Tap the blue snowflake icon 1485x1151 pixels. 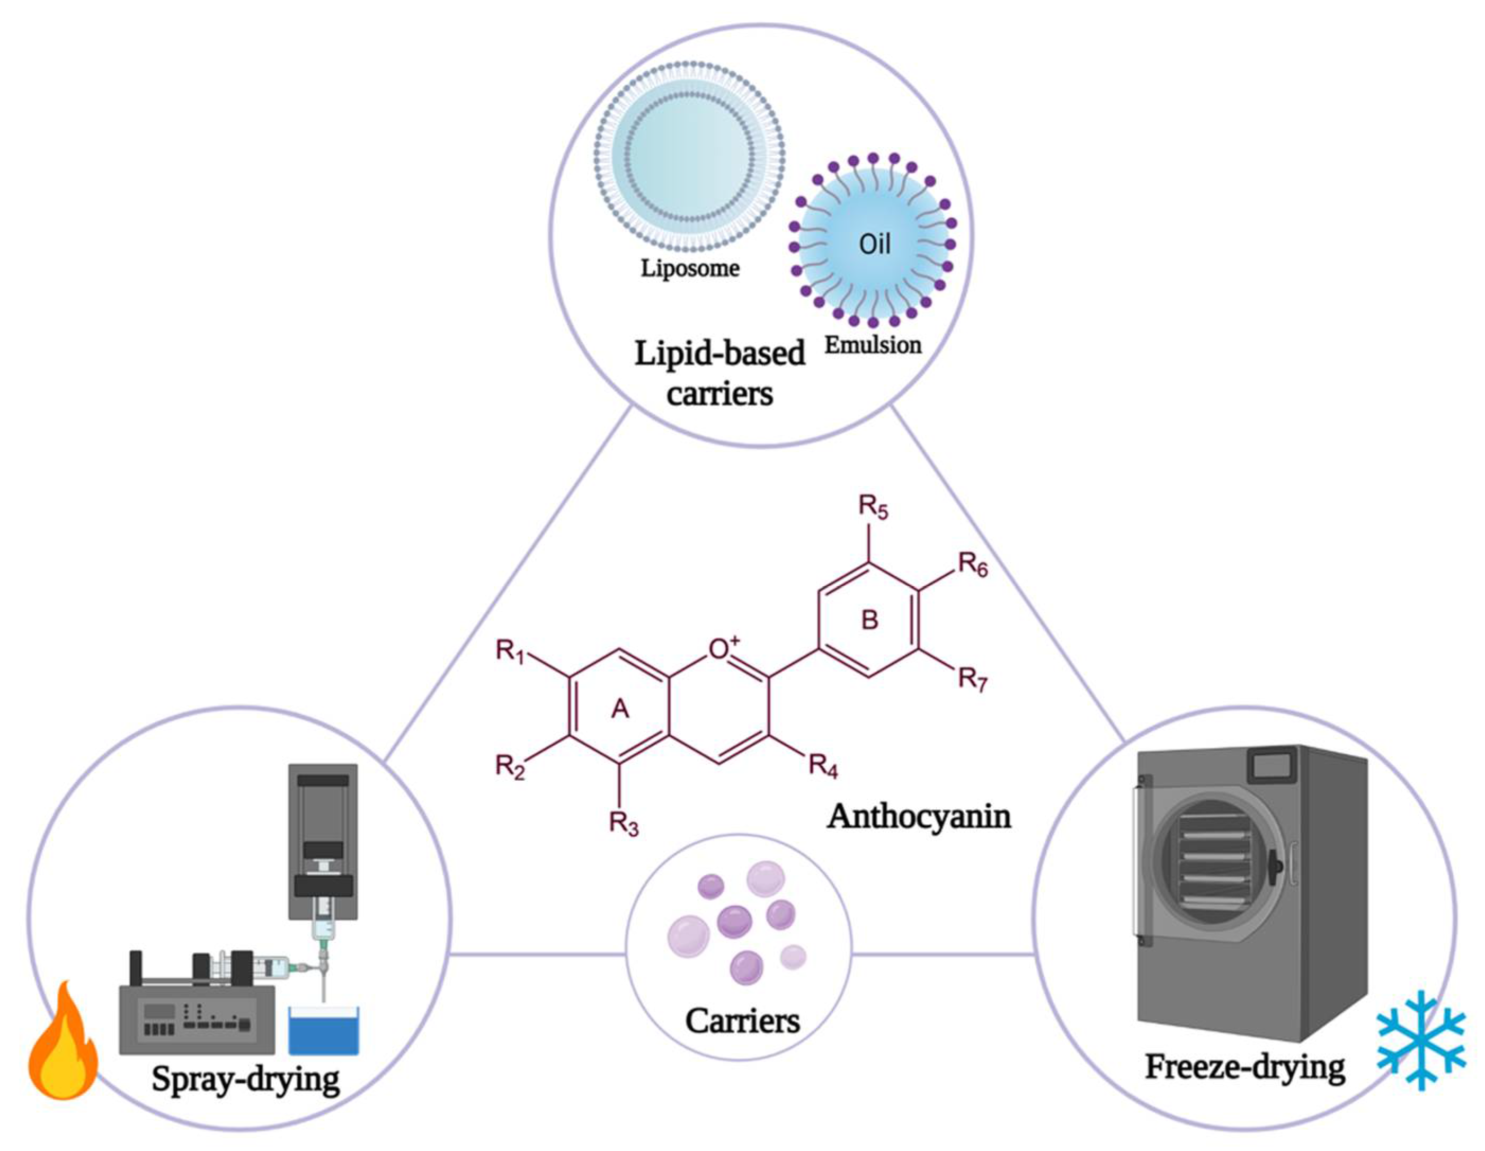1421,1040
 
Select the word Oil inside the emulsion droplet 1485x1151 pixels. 874,244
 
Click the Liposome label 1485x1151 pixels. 689,269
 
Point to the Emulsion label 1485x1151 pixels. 873,345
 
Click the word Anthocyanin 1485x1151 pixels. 919,816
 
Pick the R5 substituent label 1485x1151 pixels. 873,508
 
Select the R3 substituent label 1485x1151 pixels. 623,825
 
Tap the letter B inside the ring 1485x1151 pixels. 870,619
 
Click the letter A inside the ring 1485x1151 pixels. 619,709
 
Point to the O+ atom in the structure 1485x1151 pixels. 723,649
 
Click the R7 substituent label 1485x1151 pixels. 972,679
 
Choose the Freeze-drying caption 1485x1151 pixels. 1244,1067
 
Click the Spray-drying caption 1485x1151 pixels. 245,1079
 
